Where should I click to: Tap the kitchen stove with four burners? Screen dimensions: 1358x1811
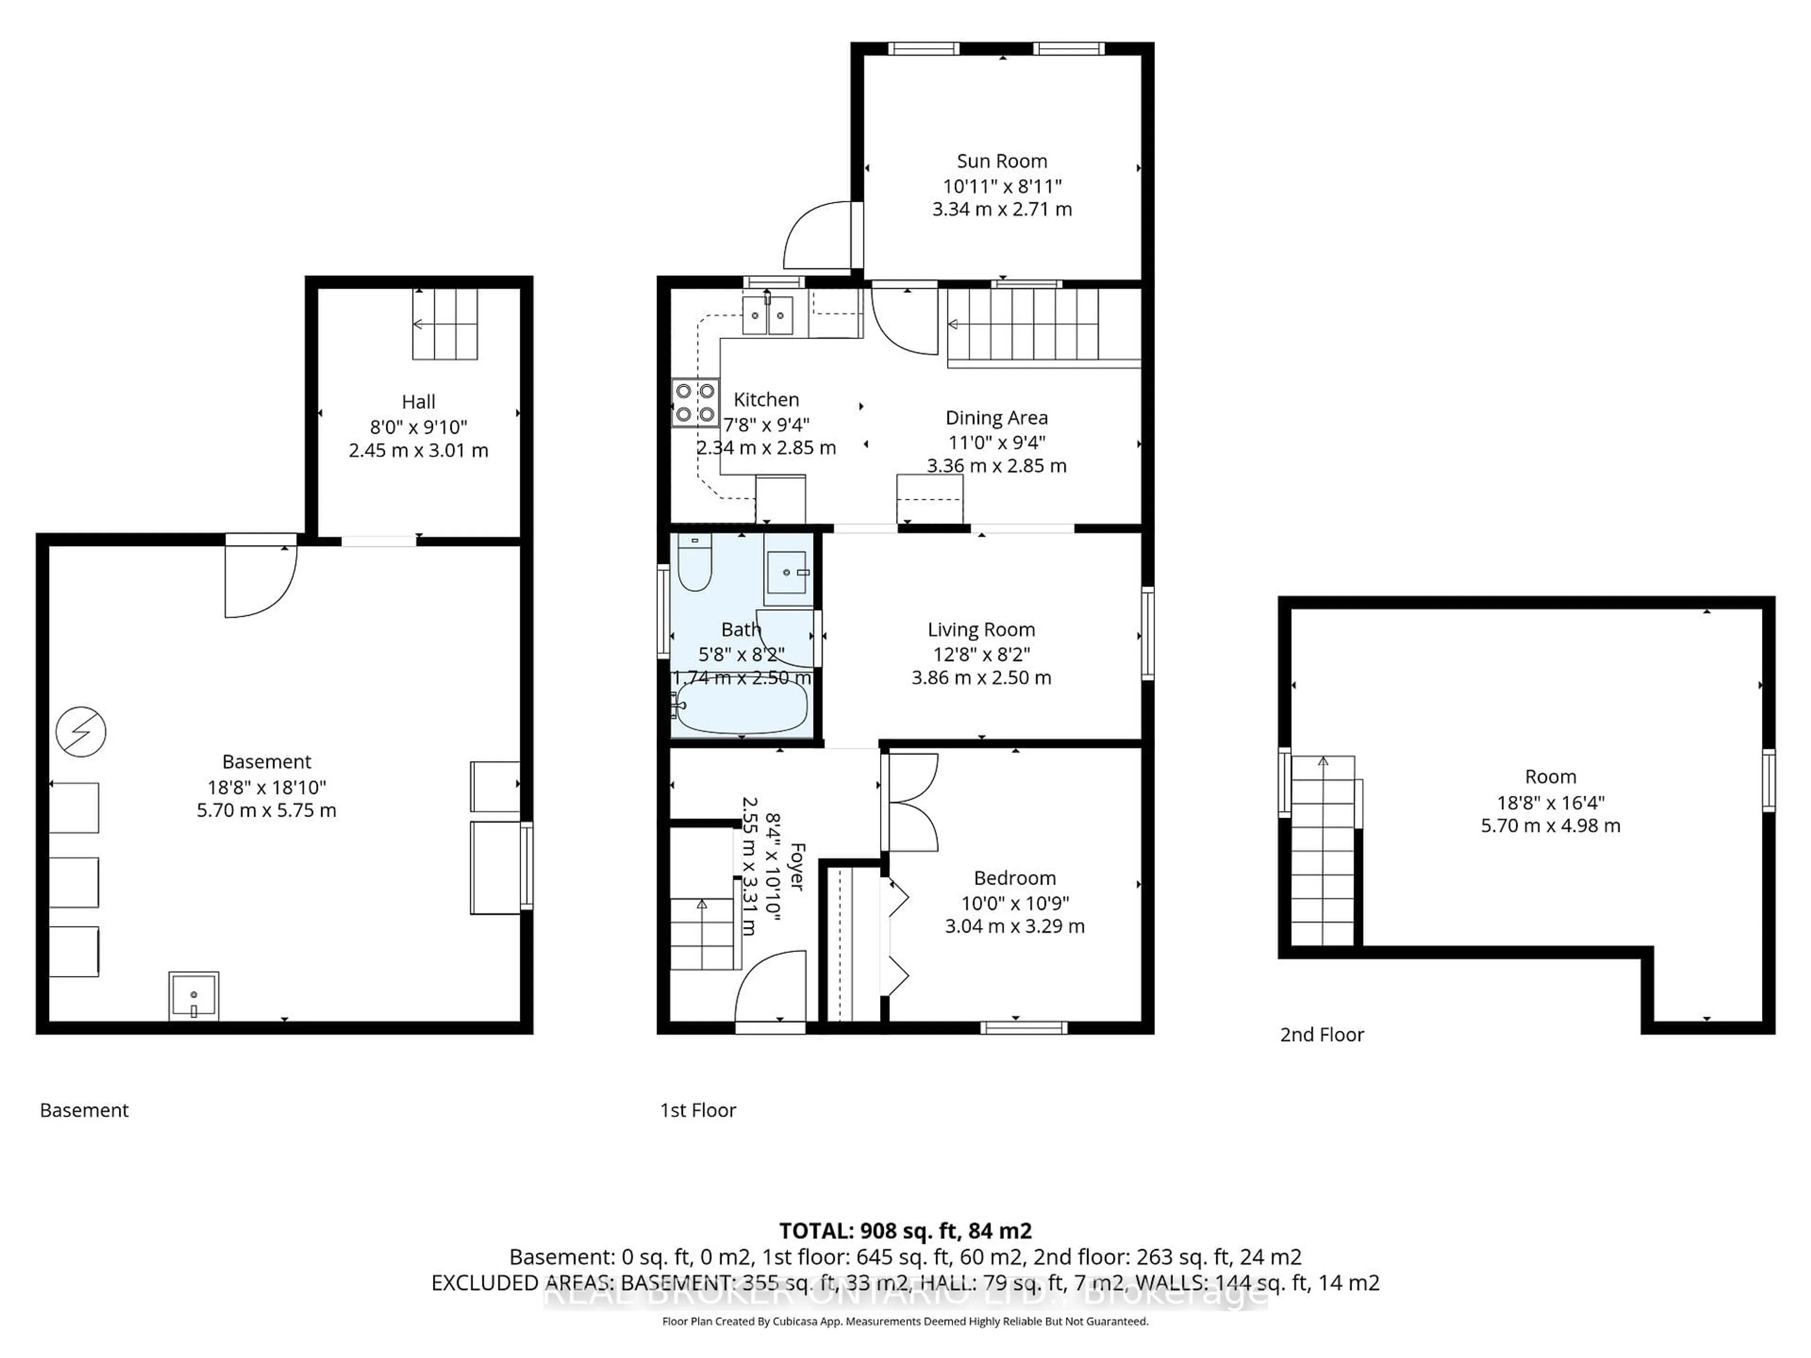pyautogui.click(x=695, y=403)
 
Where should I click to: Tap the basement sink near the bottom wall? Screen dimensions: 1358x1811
pyautogui.click(x=194, y=995)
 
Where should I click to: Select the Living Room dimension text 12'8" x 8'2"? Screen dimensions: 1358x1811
pyautogui.click(x=981, y=654)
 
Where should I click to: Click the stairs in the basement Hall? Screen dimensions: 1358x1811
pyautogui.click(x=445, y=324)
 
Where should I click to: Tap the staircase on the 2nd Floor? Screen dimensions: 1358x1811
pyautogui.click(x=1323, y=851)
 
